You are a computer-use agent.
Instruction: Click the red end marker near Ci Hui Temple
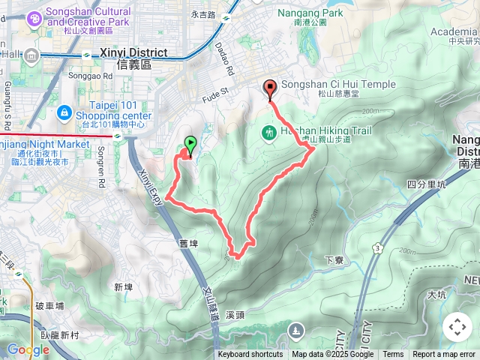270,90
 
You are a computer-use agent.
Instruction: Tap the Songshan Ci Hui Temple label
338,85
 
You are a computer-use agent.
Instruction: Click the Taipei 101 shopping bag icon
64,113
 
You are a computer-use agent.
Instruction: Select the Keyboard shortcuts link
250,355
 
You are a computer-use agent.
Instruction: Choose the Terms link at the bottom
393,355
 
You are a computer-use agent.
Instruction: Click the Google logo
28,349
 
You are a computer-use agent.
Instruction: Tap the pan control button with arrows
457,327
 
